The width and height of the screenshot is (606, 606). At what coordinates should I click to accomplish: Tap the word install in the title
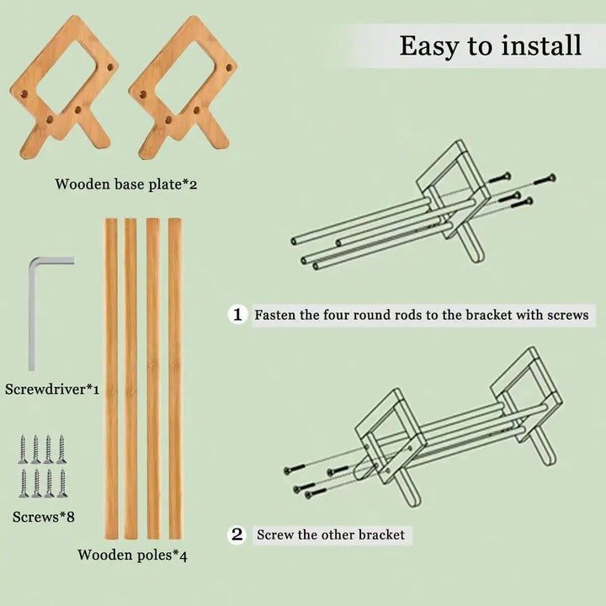(541, 45)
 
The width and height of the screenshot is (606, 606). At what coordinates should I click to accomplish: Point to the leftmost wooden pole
(111, 379)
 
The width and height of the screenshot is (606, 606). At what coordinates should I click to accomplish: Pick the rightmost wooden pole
(175, 379)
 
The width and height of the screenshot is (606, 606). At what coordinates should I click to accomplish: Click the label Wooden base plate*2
(126, 184)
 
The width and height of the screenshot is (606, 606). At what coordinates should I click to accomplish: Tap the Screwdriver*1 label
(52, 389)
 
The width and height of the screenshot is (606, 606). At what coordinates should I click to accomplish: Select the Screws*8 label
(43, 517)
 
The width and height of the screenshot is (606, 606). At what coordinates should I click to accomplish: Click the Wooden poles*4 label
(133, 555)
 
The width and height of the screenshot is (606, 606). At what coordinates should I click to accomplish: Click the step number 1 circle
(237, 314)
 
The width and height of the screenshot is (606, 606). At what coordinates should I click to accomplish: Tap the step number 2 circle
(237, 535)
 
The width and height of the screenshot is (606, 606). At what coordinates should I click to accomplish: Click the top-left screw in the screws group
(23, 449)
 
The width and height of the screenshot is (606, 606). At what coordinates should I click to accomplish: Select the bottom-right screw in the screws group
(62, 483)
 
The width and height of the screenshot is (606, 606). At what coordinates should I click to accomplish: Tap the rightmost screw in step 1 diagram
(545, 180)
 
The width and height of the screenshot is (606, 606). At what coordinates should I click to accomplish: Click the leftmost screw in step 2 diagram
(295, 470)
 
